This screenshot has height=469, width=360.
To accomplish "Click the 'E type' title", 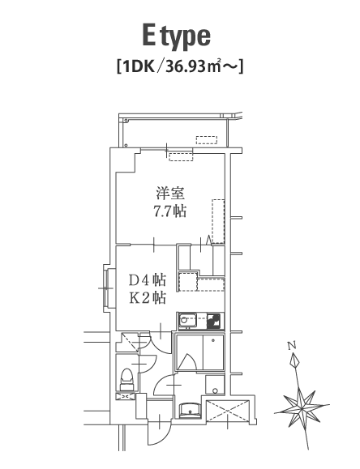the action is tap(176, 37).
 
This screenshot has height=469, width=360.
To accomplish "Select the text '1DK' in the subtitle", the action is tap(139, 66).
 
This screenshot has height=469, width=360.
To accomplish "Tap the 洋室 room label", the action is tap(169, 194).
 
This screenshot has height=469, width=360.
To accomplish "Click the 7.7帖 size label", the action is tap(169, 211).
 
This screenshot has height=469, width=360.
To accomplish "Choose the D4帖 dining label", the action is tap(148, 280).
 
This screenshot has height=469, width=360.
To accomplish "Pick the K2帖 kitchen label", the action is tap(148, 298).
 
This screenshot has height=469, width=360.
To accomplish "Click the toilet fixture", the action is tap(126, 379).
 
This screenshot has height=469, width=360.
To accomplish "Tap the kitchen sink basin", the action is tap(187, 321).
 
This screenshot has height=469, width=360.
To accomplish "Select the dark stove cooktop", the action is tap(214, 321).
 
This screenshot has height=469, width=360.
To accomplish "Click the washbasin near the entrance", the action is tap(190, 410).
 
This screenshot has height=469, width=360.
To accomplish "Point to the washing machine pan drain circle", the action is tap(215, 390).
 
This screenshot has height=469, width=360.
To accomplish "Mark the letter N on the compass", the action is tap(292, 346).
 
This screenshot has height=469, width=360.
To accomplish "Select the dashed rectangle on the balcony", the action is tap(207, 140).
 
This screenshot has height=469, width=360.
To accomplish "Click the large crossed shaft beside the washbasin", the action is tap(228, 411).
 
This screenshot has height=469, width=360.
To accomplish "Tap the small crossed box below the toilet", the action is tap(126, 397).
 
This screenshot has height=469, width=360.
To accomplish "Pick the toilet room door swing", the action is tap(148, 363).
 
